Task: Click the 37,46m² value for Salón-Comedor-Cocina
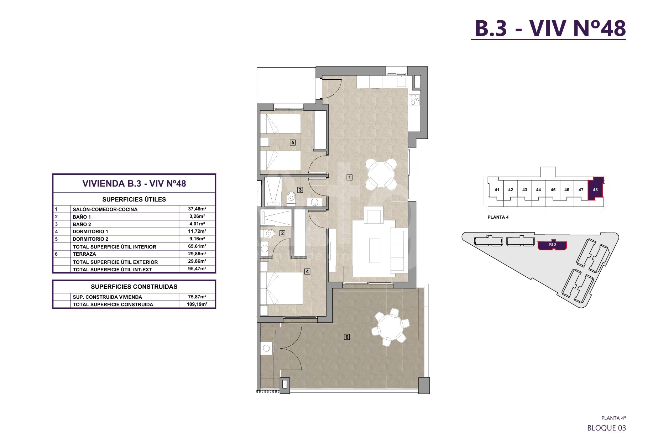click(x=197, y=209)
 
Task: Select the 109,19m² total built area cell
click(x=197, y=304)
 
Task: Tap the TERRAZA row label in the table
click(x=84, y=254)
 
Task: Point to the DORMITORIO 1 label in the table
click(x=90, y=231)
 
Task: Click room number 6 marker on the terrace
click(x=347, y=337)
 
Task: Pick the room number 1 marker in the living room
click(x=350, y=177)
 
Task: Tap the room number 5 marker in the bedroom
click(x=293, y=142)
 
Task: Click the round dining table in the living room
click(x=381, y=174)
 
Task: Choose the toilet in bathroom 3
click(x=291, y=197)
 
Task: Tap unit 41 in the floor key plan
click(x=497, y=190)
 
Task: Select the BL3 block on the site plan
click(x=552, y=245)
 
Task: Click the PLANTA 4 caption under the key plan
click(x=498, y=217)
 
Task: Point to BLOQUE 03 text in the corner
click(x=606, y=428)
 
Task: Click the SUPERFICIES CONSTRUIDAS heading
click(x=134, y=287)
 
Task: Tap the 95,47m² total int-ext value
click(x=197, y=269)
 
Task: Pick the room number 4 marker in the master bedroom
click(x=308, y=271)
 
